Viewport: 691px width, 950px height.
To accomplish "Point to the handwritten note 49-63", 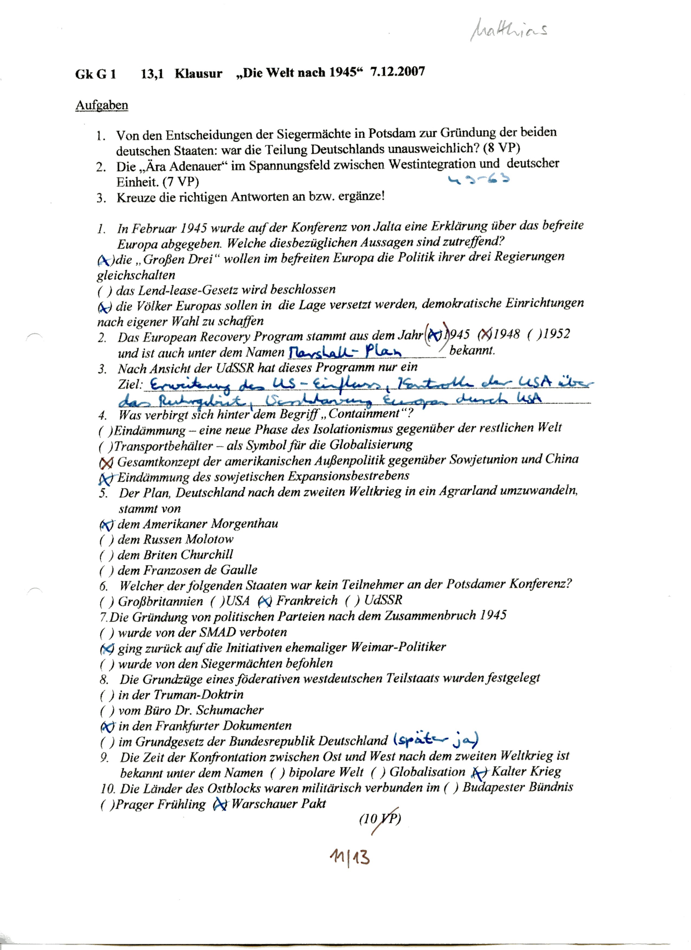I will point(479,180).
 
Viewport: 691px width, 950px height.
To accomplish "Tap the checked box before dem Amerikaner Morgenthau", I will point(107,524).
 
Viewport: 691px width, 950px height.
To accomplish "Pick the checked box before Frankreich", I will point(265,601).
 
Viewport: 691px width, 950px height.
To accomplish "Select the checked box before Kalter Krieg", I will point(479,772).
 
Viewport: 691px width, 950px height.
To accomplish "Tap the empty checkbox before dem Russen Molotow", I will point(107,540).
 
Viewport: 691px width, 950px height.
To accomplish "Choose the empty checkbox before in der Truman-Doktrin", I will point(107,695).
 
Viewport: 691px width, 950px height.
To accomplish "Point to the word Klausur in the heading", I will point(198,73).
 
